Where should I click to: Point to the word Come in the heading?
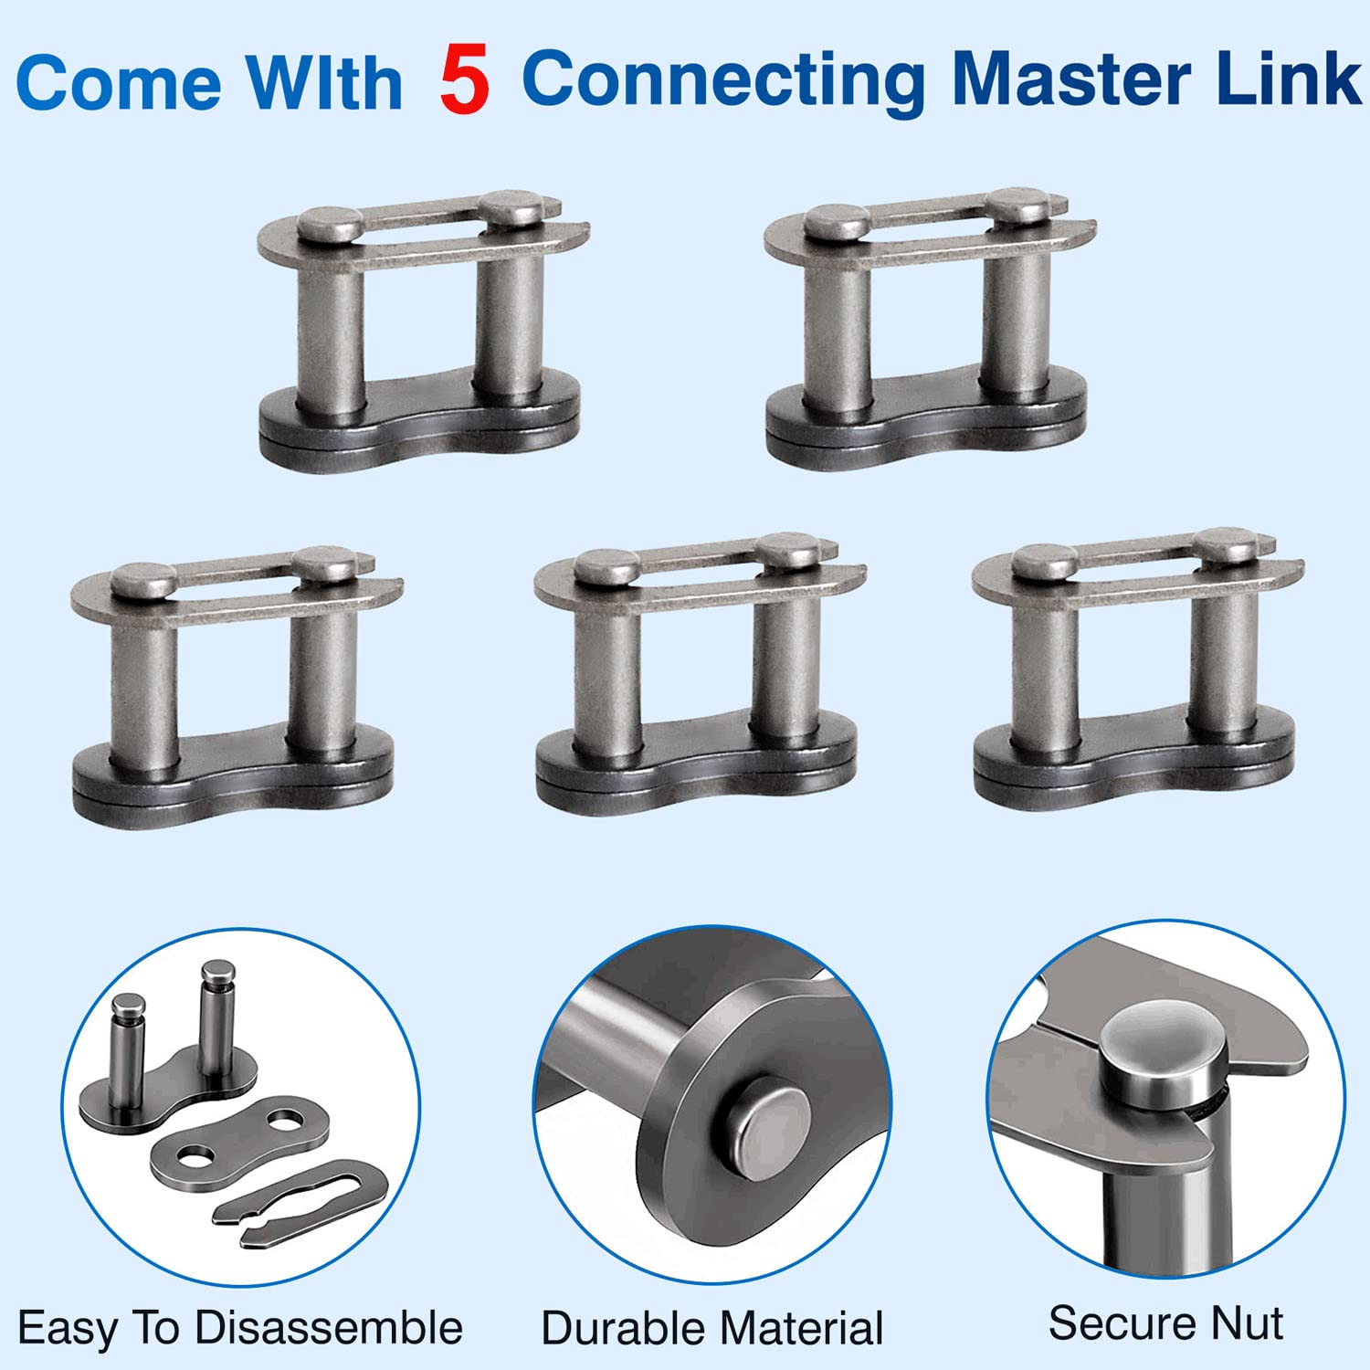pos(119,83)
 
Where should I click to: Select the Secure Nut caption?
pos(1166,1323)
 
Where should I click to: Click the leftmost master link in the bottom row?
pos(236,687)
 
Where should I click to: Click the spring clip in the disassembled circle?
pos(301,1200)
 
